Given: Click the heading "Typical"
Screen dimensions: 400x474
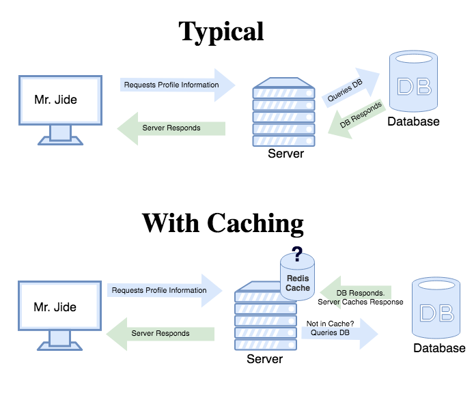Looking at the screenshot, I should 221,31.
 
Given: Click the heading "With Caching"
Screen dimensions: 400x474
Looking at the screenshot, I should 223,223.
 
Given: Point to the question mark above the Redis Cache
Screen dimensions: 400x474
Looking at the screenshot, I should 297,256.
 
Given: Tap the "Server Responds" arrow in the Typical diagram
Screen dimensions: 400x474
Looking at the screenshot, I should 172,128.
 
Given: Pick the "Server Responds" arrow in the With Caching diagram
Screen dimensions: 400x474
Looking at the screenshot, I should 161,333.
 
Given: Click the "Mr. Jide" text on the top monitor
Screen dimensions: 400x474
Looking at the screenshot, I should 56,100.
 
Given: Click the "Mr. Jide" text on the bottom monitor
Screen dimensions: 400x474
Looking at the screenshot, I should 55,307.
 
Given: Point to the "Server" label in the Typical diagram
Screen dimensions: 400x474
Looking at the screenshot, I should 285,154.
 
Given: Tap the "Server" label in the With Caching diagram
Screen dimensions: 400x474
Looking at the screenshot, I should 264,359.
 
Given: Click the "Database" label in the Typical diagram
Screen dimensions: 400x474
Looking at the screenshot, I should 413,122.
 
